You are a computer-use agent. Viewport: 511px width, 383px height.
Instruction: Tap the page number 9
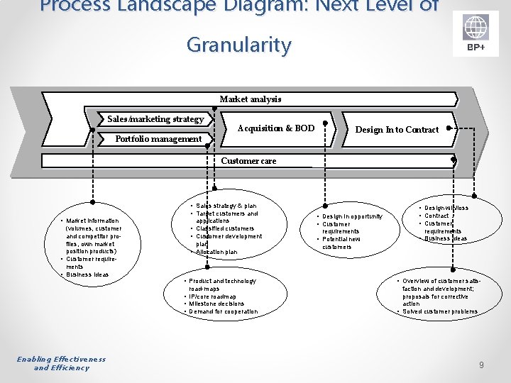(x=481, y=365)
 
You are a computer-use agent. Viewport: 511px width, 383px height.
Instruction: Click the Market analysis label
(x=250, y=99)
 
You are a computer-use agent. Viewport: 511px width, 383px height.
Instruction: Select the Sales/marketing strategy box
(x=155, y=119)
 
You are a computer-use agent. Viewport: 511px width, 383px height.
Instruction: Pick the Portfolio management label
(x=158, y=139)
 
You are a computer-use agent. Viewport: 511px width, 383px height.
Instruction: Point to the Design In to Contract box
(x=397, y=130)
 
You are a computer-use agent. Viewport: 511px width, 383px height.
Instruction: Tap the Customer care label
(x=248, y=161)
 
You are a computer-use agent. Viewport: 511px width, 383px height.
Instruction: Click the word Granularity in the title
(x=238, y=45)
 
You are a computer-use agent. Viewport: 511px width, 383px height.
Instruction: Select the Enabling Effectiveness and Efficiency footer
(x=62, y=363)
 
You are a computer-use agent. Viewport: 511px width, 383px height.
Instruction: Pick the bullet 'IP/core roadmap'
(x=213, y=296)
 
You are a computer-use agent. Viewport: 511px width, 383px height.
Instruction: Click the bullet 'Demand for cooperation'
(x=224, y=312)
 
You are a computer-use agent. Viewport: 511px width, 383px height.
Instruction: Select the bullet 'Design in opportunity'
(x=352, y=216)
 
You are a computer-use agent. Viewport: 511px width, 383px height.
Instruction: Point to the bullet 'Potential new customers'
(x=341, y=243)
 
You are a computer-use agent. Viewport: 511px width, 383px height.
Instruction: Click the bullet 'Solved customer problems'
(x=440, y=312)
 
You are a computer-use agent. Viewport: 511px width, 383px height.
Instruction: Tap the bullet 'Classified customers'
(x=225, y=228)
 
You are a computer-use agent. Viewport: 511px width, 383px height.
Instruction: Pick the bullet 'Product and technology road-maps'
(x=223, y=285)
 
